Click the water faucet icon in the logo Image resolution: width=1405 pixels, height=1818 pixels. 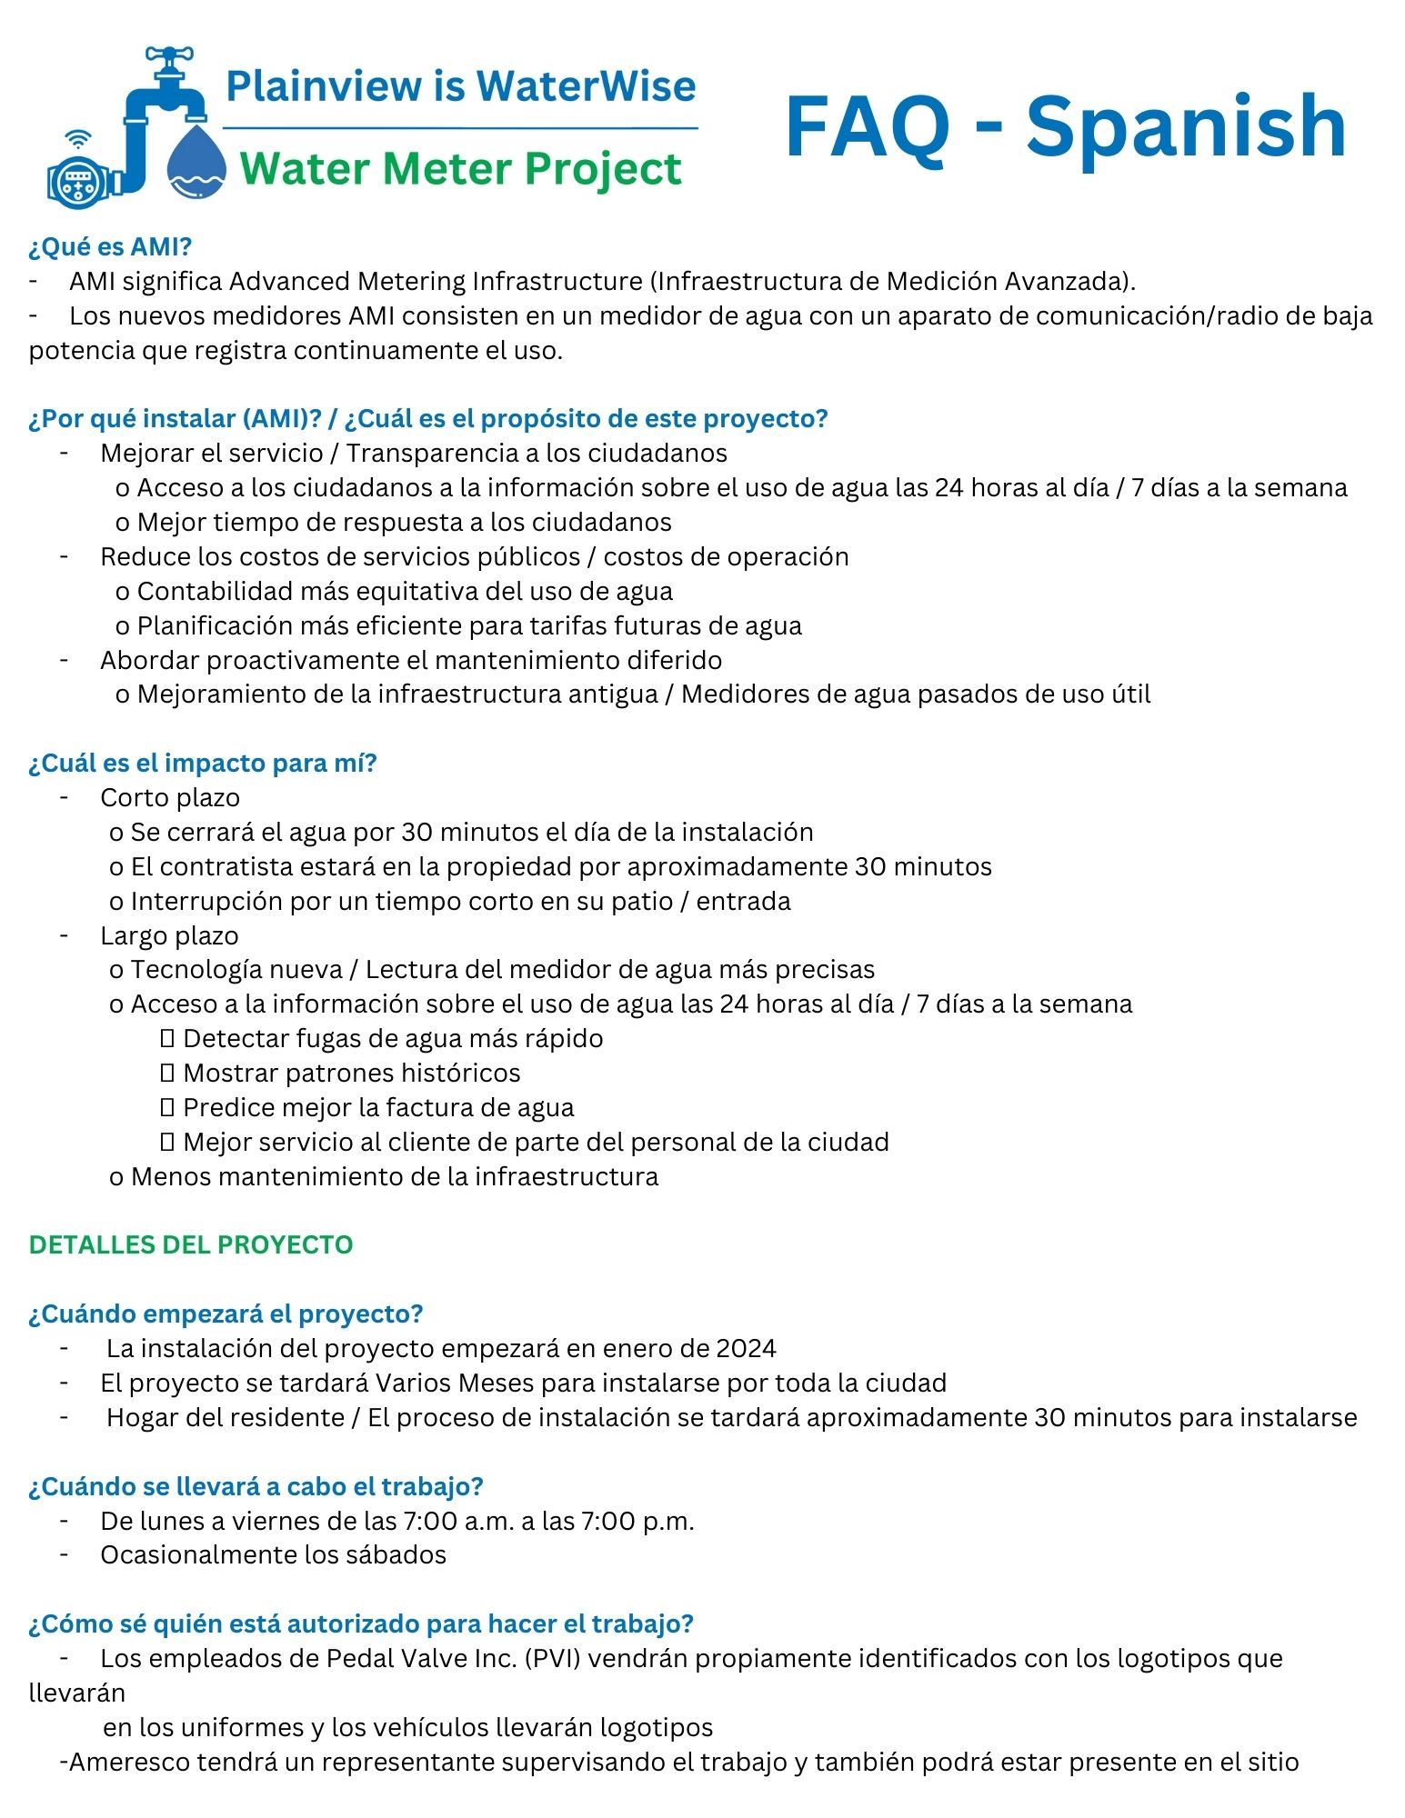[164, 86]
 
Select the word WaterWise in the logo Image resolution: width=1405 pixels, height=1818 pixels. [586, 86]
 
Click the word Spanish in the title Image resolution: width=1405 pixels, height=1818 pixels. [1186, 127]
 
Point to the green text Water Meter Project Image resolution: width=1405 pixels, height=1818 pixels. [462, 169]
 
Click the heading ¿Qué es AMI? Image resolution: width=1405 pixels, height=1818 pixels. [110, 247]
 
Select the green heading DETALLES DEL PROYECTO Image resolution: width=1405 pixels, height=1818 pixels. [191, 1244]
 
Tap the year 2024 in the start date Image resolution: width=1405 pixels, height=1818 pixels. [746, 1348]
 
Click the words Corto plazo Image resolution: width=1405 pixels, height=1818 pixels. [170, 797]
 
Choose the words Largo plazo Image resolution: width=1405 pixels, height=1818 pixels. [169, 935]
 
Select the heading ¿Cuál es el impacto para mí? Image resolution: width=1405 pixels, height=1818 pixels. [202, 763]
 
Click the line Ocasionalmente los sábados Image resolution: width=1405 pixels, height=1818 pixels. [273, 1554]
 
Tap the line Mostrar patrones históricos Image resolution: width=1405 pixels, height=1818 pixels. [351, 1073]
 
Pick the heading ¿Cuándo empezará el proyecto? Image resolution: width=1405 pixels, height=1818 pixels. [226, 1314]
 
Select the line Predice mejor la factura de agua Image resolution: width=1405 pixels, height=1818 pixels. [378, 1107]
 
